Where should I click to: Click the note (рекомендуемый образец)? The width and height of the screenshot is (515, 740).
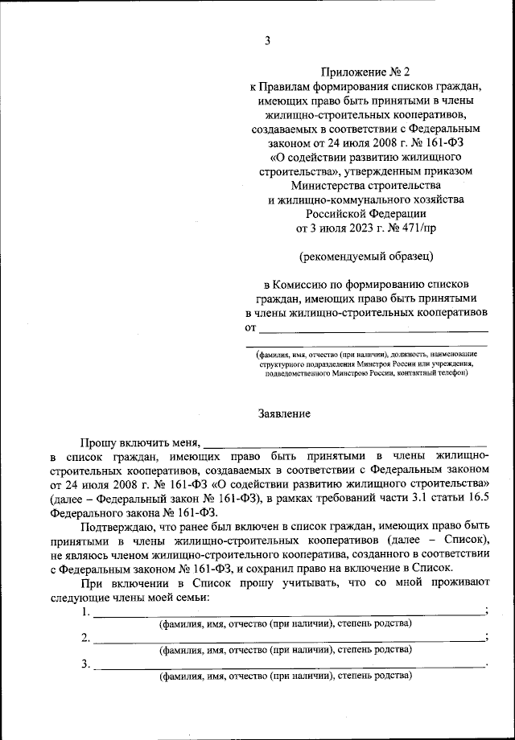pos(365,257)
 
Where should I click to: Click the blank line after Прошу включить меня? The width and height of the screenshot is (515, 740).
pos(345,442)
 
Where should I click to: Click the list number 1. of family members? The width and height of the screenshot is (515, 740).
pos(85,612)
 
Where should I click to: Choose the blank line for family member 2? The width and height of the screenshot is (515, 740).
pos(289,639)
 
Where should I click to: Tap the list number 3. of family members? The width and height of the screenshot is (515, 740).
pos(85,664)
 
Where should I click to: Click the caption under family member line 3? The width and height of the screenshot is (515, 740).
pos(285,676)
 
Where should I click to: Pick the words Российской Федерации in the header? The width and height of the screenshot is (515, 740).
pos(365,213)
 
